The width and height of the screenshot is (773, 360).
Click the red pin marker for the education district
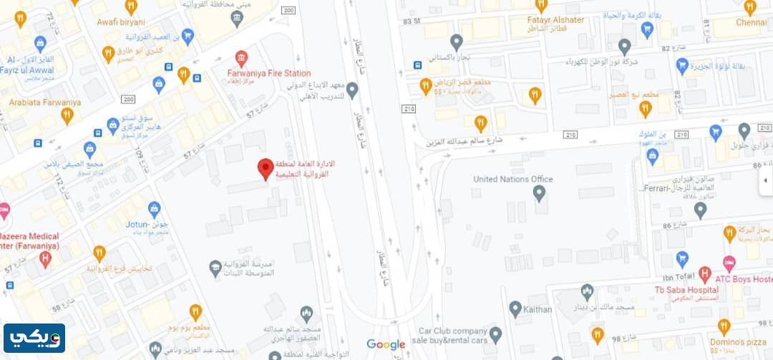(x=266, y=169)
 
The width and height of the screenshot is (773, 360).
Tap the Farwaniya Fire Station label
(x=268, y=73)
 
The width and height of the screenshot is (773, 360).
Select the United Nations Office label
(x=513, y=179)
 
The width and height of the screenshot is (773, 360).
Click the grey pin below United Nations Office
(x=540, y=193)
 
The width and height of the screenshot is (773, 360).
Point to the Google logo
(x=386, y=344)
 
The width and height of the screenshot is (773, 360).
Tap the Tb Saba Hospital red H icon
(x=704, y=273)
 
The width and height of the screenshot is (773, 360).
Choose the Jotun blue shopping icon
(x=154, y=209)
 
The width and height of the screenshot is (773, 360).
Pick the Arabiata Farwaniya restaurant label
(x=44, y=102)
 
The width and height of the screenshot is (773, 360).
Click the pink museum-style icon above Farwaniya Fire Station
(x=241, y=58)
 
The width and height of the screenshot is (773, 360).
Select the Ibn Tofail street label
(x=679, y=278)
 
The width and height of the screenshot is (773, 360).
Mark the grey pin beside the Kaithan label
(x=515, y=309)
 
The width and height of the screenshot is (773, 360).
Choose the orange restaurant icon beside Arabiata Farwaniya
(x=68, y=115)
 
